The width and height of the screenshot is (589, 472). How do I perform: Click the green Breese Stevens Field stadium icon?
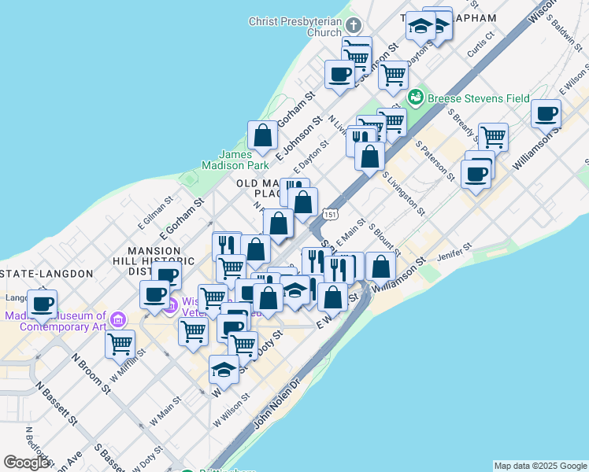point(416,98)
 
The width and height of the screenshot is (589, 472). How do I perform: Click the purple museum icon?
point(118,320)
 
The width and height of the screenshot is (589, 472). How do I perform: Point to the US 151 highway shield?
point(331,214)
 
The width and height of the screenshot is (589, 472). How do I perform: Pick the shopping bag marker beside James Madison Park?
point(262,135)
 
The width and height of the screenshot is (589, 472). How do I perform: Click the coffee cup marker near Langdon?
point(43,303)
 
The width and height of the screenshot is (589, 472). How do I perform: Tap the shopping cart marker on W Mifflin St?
point(120,343)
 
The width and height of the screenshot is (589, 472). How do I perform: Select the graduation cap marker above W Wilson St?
point(224,369)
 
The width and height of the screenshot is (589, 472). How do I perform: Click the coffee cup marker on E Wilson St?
point(546,113)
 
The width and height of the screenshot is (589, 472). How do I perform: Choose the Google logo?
point(27,463)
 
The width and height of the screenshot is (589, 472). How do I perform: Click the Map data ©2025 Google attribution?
point(539,466)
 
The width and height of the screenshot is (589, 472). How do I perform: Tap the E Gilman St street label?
point(154,214)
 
